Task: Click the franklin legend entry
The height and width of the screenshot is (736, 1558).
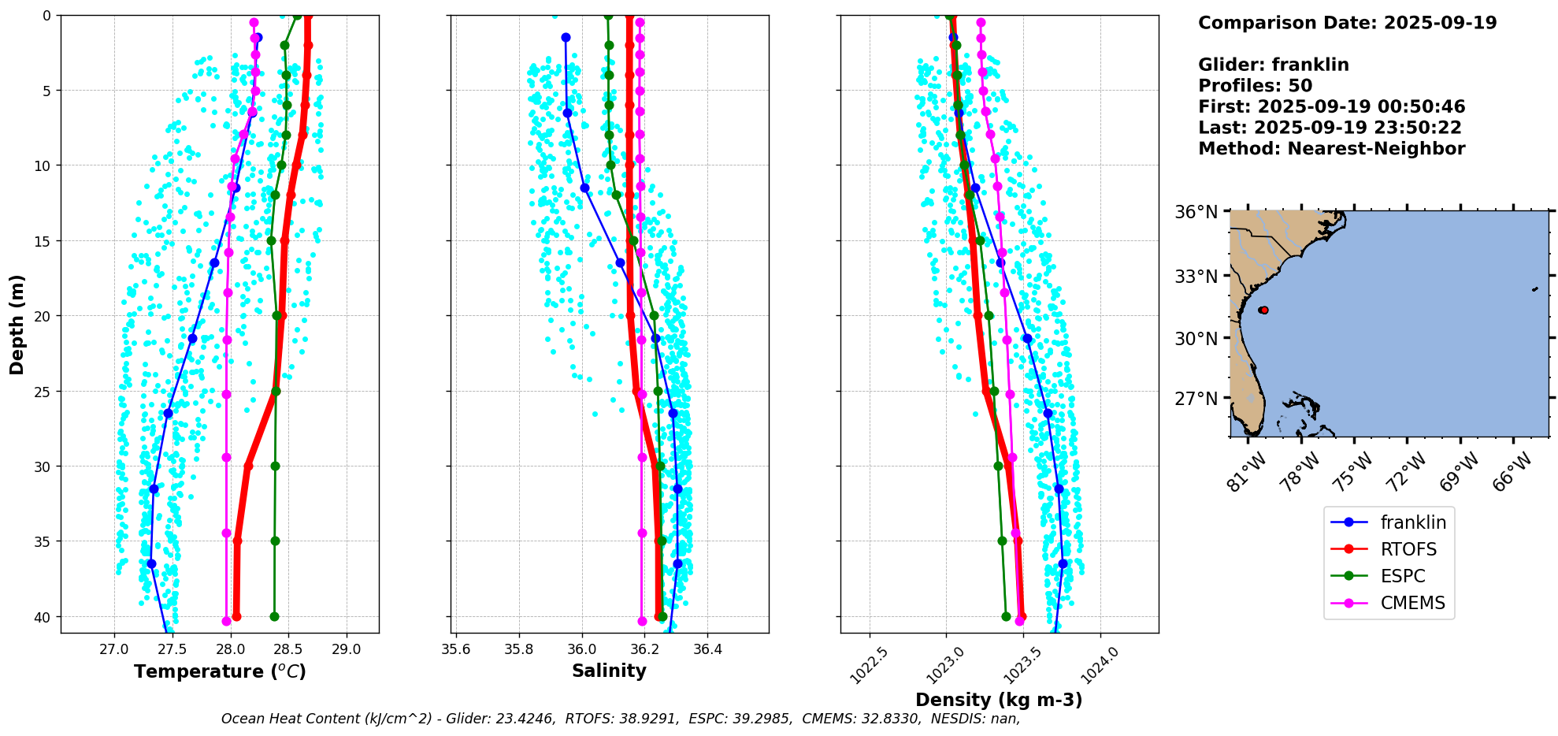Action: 1412,522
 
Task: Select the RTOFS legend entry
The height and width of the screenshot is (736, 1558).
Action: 1408,549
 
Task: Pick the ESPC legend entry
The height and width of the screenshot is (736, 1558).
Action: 1402,576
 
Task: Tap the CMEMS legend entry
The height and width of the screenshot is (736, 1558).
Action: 1412,603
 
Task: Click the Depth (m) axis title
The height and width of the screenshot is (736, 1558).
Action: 17,324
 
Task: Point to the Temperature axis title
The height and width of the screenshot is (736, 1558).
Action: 220,671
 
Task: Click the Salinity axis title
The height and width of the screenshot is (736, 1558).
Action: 609,671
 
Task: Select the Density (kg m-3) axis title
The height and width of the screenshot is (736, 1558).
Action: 999,700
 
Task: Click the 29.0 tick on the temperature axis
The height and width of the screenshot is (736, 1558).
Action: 347,650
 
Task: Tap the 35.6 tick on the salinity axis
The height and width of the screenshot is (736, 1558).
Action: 456,650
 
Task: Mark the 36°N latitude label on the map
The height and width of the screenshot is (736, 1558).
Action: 1196,212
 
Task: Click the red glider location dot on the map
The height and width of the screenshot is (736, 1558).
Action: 1263,310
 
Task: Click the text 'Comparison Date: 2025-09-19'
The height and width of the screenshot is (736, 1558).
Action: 1347,23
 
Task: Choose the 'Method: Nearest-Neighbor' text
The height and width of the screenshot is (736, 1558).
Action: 1331,149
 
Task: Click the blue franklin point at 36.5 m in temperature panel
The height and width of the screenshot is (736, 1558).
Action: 151,563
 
